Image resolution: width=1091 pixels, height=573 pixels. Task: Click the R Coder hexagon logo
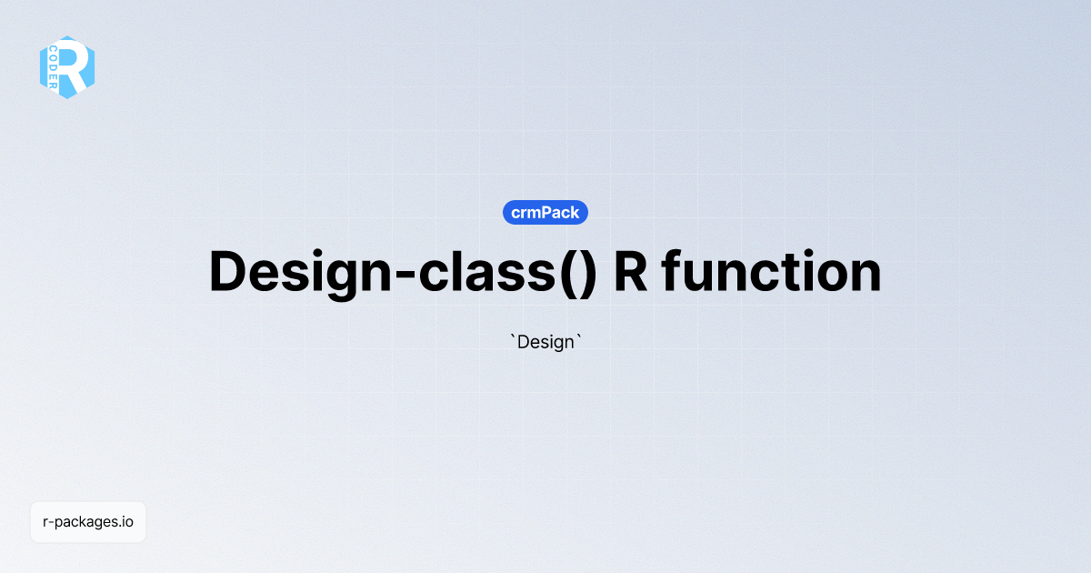coord(67,67)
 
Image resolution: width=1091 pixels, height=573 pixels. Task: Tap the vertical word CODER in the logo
coord(54,67)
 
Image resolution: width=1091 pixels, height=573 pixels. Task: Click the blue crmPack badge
coord(545,213)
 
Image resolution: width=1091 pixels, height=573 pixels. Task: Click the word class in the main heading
coord(482,272)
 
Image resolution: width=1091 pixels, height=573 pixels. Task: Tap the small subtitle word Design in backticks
coord(546,343)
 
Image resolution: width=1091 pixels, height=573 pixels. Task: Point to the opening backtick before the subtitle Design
coord(513,337)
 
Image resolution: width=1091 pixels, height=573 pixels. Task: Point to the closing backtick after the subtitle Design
coord(578,337)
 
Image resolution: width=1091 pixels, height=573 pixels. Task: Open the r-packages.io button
coord(88,522)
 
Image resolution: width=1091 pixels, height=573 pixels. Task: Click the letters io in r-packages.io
coord(128,522)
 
